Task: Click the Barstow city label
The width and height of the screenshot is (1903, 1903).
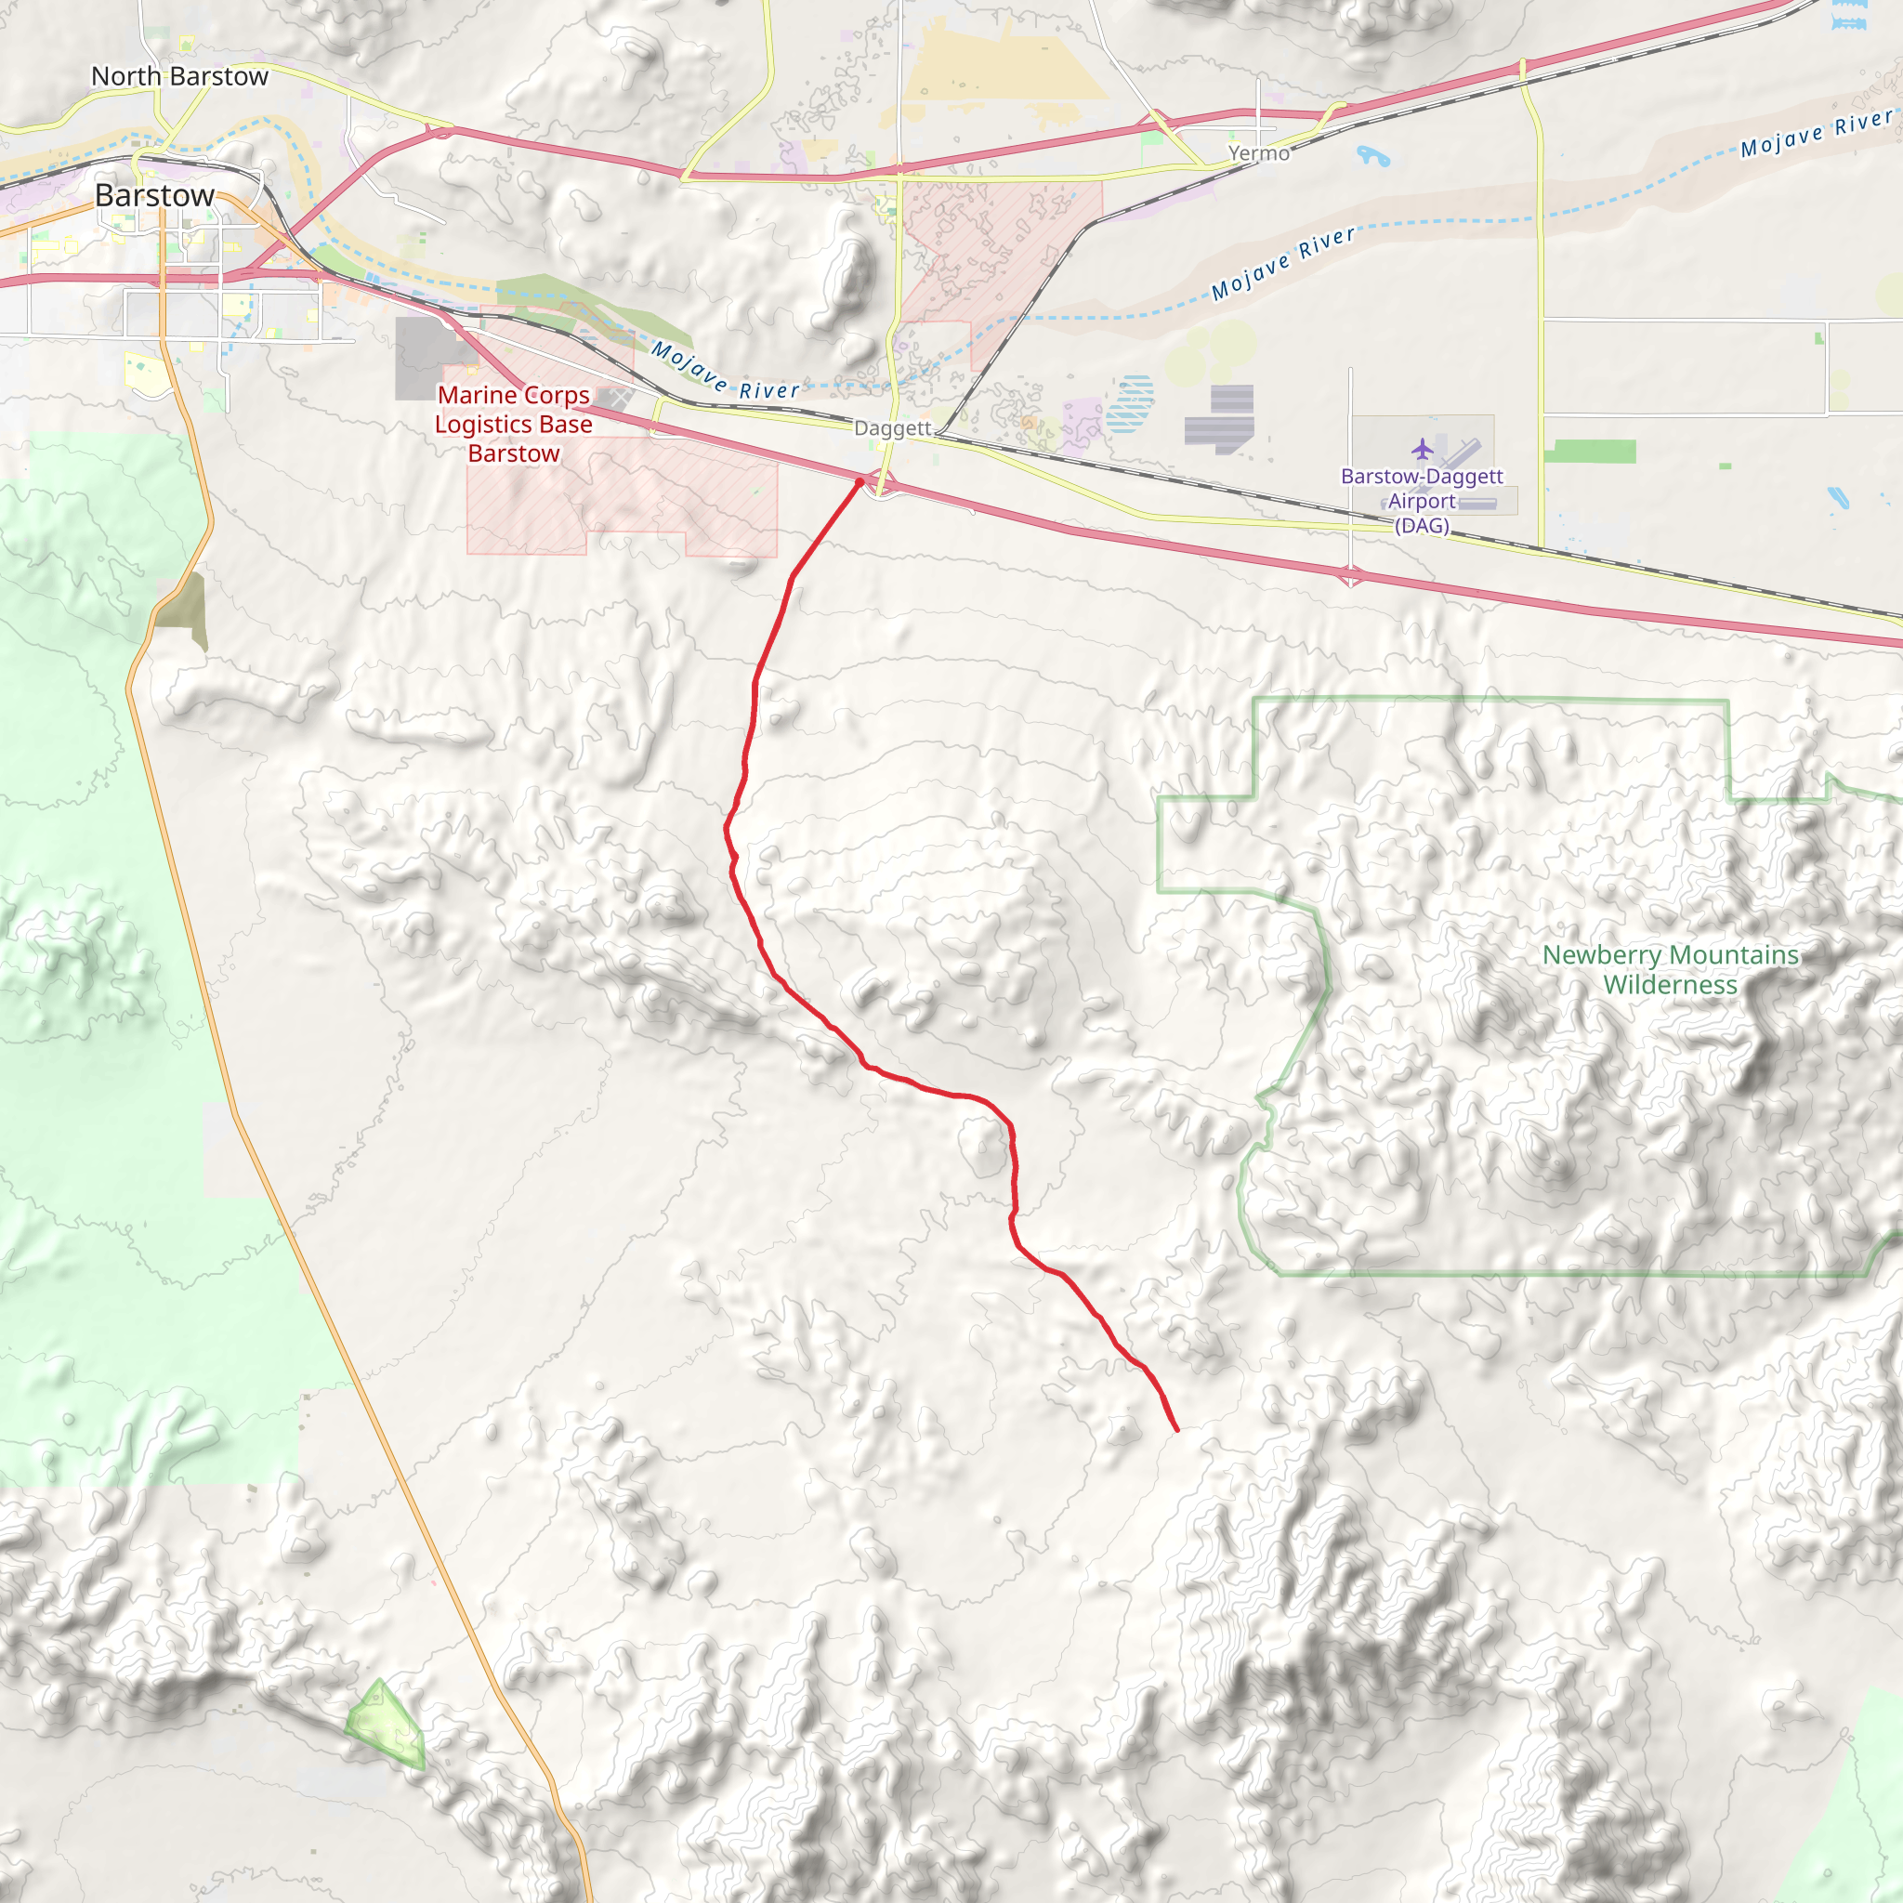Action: [154, 196]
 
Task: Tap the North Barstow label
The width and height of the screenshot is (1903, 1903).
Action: [179, 77]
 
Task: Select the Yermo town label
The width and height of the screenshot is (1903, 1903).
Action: [1258, 153]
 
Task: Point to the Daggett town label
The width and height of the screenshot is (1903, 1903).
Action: [892, 428]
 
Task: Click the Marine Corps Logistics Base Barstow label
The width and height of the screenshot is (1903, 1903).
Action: [513, 425]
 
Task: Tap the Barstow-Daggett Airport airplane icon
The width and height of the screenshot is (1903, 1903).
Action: [1422, 450]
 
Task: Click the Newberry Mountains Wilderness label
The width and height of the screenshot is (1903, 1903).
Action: [1670, 969]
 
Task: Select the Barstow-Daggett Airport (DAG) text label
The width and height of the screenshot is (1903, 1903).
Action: [1422, 501]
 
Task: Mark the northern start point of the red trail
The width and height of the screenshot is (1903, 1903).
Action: [860, 481]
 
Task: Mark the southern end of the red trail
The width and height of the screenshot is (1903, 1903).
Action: [1177, 1429]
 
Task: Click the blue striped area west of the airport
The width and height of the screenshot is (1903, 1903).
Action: [1130, 404]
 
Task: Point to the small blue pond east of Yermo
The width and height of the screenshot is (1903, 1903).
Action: [1372, 155]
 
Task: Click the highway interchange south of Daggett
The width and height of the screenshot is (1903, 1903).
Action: [883, 483]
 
